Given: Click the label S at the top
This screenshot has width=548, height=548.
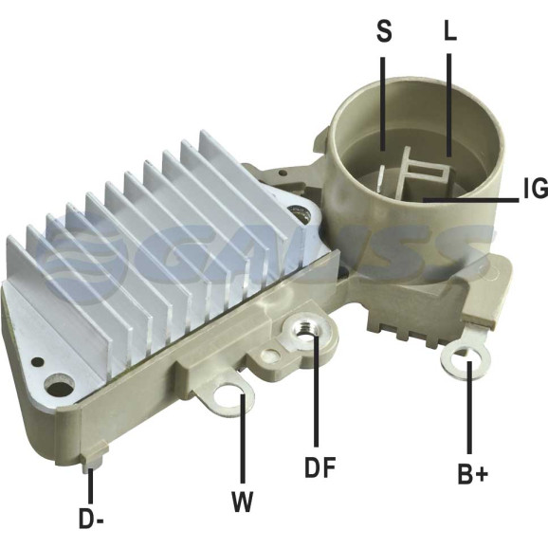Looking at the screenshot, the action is click(x=384, y=30).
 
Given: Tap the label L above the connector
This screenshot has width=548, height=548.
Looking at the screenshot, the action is click(x=450, y=30).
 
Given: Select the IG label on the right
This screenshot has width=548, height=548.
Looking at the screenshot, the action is click(x=536, y=188).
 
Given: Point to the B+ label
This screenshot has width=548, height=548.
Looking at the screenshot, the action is click(x=472, y=473).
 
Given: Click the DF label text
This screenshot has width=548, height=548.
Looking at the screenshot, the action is click(x=320, y=466).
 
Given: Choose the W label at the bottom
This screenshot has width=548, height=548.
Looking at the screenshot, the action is click(x=242, y=502).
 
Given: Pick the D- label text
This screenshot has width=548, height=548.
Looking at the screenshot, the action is click(x=91, y=519).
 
